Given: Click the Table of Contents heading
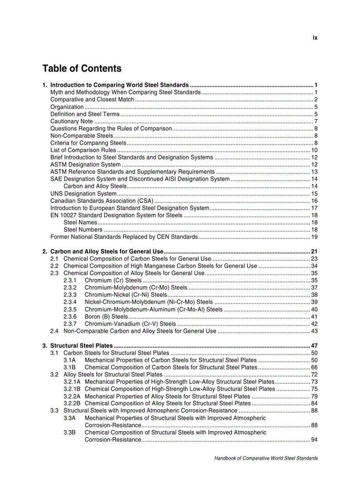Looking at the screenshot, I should (82, 69).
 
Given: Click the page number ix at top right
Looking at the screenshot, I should (315, 38).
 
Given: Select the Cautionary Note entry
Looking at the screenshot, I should (71, 121).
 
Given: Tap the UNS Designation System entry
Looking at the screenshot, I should (83, 194).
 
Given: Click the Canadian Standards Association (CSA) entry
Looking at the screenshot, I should (96, 201).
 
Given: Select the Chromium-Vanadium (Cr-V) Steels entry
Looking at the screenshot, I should (130, 324).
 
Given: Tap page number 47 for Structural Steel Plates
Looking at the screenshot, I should (314, 346).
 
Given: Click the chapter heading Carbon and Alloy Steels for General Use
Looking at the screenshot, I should (107, 252).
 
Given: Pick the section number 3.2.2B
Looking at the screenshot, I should (72, 403).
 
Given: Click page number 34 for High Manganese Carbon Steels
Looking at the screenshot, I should (314, 266).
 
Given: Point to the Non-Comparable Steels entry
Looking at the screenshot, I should (82, 136).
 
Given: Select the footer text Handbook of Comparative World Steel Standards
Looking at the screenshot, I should (266, 458).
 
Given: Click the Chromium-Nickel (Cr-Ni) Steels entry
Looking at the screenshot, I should (126, 295).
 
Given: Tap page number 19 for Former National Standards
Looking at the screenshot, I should (314, 237).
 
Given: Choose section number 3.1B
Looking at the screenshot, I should (69, 367).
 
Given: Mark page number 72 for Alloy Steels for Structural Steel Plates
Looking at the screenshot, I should (314, 375).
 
